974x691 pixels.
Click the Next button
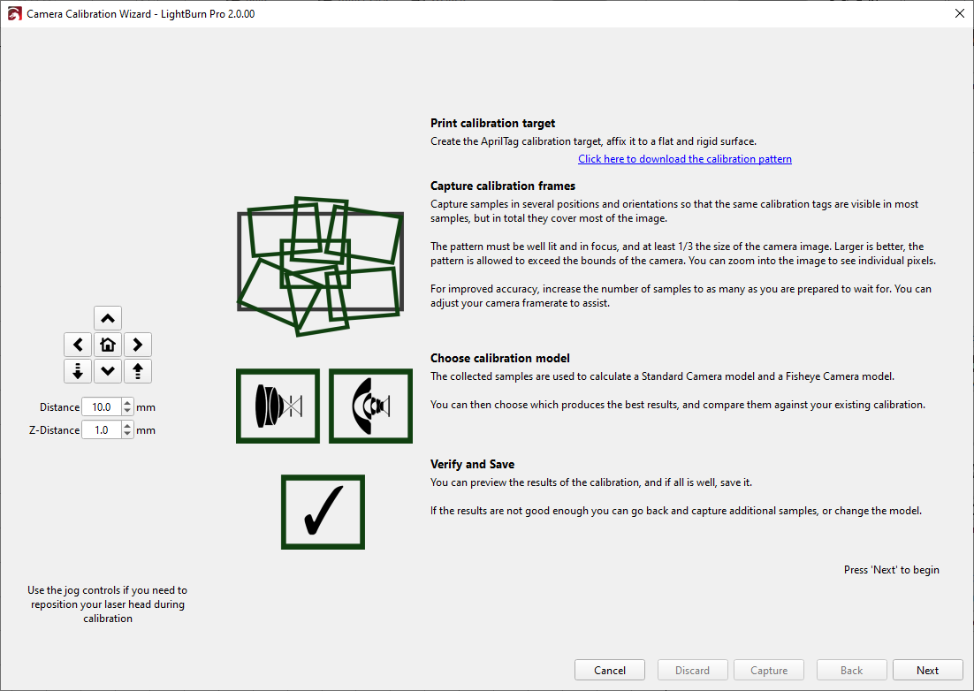click(x=927, y=671)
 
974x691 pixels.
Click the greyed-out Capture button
click(x=768, y=671)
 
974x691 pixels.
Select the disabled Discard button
click(x=692, y=671)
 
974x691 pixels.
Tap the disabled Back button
click(x=851, y=671)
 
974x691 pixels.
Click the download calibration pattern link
click(x=684, y=159)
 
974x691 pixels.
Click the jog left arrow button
click(x=78, y=345)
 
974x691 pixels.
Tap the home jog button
click(x=108, y=345)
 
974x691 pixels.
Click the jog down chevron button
click(x=108, y=371)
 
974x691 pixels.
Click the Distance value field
click(x=102, y=407)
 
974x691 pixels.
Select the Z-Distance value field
click(x=102, y=430)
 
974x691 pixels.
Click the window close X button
click(x=959, y=13)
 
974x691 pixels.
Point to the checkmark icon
click(x=323, y=512)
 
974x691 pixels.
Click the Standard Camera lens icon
click(x=278, y=406)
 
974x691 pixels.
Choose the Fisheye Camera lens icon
click(x=370, y=406)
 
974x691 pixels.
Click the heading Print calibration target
click(x=492, y=124)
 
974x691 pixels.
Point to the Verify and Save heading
click(x=472, y=465)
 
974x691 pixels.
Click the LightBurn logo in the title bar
click(x=14, y=14)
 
